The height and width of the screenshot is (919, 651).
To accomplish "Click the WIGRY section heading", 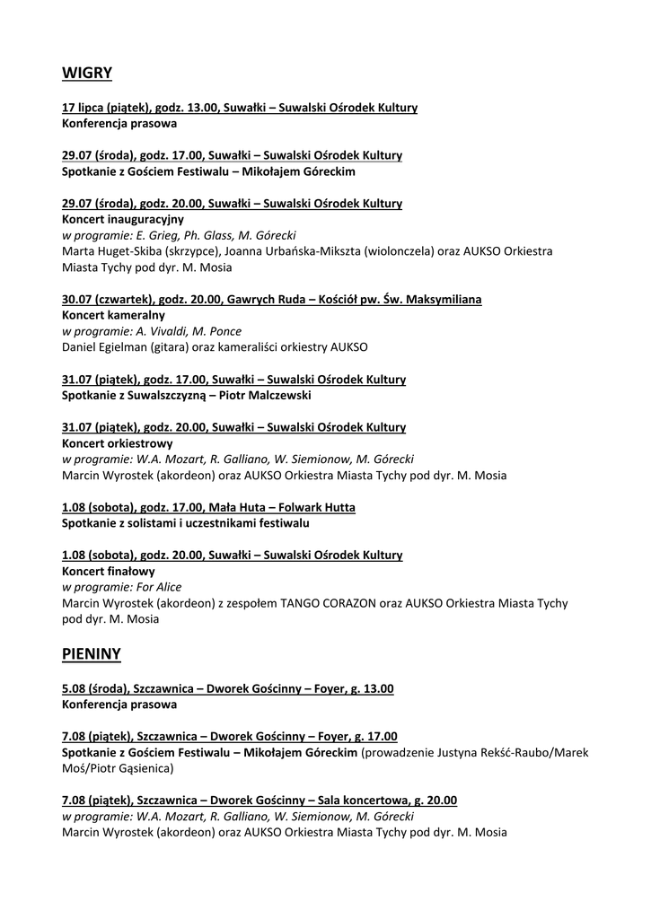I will (87, 71).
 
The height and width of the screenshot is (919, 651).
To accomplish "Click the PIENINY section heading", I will (92, 654).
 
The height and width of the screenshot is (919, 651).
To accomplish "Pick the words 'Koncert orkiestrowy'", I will (118, 443).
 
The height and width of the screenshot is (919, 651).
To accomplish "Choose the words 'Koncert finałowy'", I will (109, 571).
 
